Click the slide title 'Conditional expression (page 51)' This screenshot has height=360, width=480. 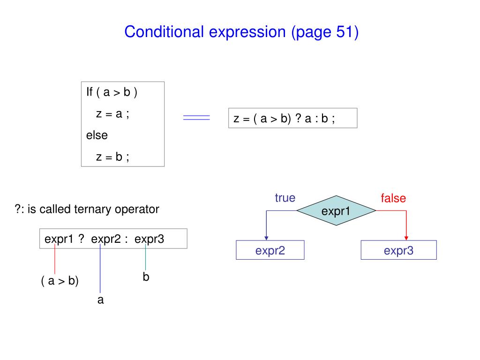[x=241, y=32]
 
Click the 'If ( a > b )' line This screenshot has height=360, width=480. [x=112, y=92]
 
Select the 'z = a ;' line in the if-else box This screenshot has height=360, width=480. [x=112, y=114]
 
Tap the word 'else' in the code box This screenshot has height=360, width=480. [x=97, y=135]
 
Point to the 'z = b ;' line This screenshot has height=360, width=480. [x=112, y=157]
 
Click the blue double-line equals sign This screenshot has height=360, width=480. [x=196, y=118]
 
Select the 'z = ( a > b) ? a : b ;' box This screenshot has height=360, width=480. [x=292, y=118]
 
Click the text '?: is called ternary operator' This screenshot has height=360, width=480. [x=87, y=209]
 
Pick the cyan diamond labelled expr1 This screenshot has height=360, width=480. [x=336, y=211]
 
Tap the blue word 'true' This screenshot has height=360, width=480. [x=285, y=198]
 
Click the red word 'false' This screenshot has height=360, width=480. [x=393, y=198]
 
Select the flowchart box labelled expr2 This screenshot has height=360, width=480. [x=270, y=250]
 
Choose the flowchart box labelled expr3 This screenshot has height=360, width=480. [x=398, y=250]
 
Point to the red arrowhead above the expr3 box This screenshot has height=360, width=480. [x=406, y=237]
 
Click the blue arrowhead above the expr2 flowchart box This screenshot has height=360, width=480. [x=266, y=237]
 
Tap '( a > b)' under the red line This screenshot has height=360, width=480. [x=60, y=281]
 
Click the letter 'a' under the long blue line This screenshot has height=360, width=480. [x=100, y=300]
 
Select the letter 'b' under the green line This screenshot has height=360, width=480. [x=146, y=277]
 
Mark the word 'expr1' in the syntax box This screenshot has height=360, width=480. [x=58, y=239]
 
